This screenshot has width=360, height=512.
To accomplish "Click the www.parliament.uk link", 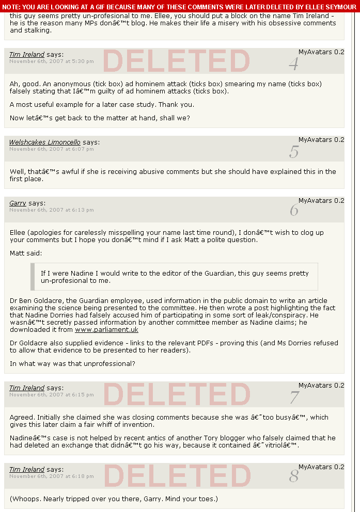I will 106,330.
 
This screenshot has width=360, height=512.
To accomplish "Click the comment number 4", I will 294,65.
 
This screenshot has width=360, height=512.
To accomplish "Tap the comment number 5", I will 294,152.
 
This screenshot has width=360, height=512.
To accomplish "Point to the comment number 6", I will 294,211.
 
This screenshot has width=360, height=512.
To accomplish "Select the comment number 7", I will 294,397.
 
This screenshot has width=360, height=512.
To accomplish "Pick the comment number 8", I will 294,476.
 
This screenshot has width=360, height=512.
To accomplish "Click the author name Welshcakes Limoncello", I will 45,142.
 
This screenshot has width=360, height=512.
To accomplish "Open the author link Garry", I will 18,203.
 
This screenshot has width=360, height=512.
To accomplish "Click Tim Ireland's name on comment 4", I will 27,55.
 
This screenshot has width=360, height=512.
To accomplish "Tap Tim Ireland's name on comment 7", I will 27,388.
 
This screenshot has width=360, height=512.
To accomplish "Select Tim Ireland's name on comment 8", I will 27,470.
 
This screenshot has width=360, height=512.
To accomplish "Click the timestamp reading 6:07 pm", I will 52,149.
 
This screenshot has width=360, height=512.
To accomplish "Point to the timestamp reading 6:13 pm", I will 52,210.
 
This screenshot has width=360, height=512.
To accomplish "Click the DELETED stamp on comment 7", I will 177,394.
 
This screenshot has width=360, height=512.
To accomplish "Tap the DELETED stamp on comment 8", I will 177,476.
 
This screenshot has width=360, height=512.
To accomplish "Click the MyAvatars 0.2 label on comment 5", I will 321,140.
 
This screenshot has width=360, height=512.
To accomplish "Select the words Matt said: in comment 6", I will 26,253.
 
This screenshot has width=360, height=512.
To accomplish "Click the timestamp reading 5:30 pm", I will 52,61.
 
